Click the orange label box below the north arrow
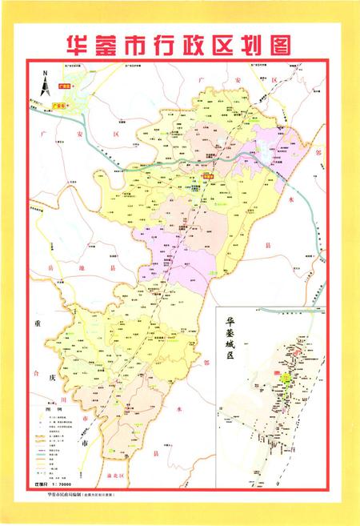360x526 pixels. tap(56, 102)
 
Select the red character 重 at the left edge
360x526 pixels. tap(35, 324)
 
